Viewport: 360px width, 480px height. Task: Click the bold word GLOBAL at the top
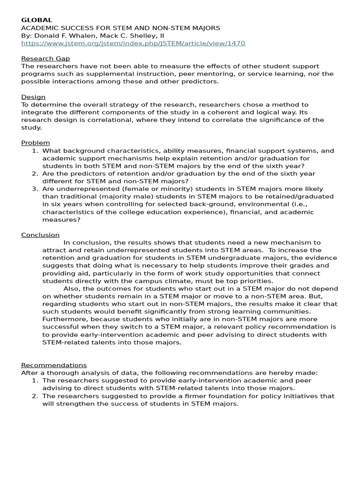[37, 20]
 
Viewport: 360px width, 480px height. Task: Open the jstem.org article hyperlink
[133, 43]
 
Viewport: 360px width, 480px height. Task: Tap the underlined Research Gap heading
[45, 59]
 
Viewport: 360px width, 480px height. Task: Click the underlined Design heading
[33, 97]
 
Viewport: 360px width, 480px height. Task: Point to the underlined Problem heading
[36, 142]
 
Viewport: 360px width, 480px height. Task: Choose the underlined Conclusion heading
[40, 235]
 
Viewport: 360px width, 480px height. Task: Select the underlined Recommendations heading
[54, 365]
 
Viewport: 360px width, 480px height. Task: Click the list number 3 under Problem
[35, 189]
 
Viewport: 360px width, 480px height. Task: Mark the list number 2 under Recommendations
[35, 396]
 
